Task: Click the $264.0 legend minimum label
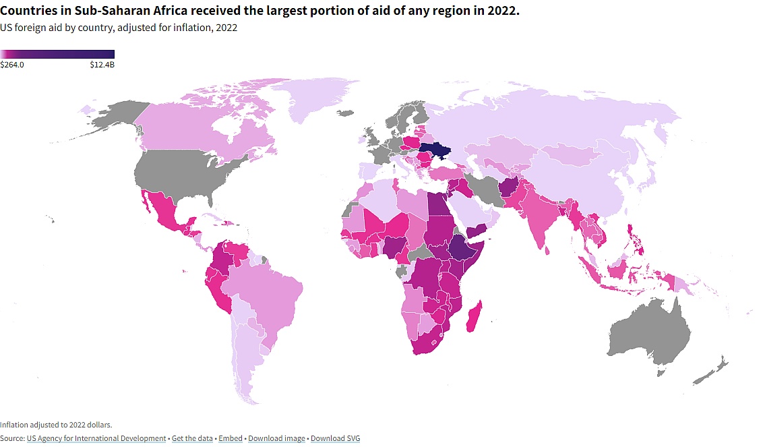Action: [x=12, y=65]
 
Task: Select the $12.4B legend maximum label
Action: [x=102, y=65]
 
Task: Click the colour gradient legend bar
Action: [x=57, y=54]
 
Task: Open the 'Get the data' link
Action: [x=191, y=439]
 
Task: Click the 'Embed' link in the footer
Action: [x=231, y=439]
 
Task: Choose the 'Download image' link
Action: [x=276, y=439]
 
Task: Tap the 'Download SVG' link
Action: [x=335, y=439]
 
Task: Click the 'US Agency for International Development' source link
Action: [x=96, y=439]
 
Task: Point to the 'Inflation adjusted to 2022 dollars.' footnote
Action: [x=56, y=425]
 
